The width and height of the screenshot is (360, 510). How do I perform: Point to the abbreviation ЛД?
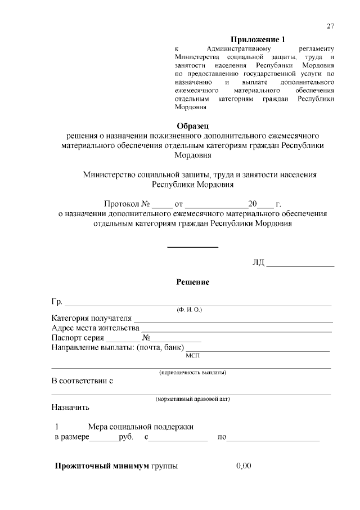pyautogui.click(x=258, y=262)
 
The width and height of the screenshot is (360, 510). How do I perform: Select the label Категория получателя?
pyautogui.click(x=91, y=319)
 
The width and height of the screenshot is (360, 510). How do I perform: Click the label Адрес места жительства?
pyautogui.click(x=95, y=328)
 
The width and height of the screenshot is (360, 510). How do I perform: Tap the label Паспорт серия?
pyautogui.click(x=78, y=338)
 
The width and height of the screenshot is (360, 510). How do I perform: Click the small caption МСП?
pyautogui.click(x=192, y=355)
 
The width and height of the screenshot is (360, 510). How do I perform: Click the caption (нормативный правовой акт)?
pyautogui.click(x=192, y=399)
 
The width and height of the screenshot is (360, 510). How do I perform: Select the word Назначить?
pyautogui.click(x=70, y=407)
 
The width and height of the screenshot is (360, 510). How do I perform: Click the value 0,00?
pyautogui.click(x=244, y=466)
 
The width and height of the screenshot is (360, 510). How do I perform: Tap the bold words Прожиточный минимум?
pyautogui.click(x=101, y=467)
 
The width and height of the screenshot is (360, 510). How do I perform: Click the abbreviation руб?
pyautogui.click(x=127, y=437)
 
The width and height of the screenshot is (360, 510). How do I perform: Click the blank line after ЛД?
pyautogui.click(x=300, y=264)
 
